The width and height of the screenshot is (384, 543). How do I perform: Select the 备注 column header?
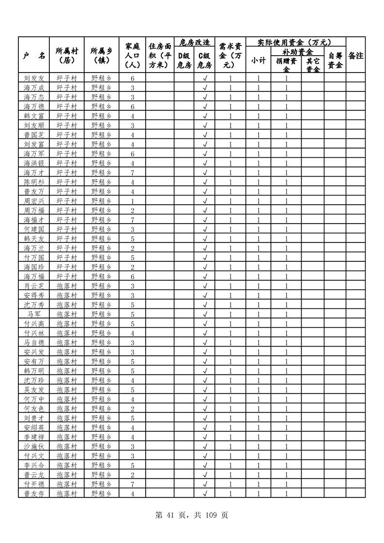pyautogui.click(x=355, y=56)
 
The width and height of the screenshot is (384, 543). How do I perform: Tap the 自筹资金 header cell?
pyautogui.click(x=335, y=60)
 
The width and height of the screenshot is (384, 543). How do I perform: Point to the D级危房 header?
pyautogui.click(x=184, y=60)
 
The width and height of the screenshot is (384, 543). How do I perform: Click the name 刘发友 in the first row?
pyautogui.click(x=34, y=78)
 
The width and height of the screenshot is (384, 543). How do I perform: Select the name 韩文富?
pyautogui.click(x=34, y=116)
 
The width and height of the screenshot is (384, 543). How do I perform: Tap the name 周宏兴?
pyautogui.click(x=34, y=201)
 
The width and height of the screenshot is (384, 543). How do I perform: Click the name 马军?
pyautogui.click(x=34, y=314)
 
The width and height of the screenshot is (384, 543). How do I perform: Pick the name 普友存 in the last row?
pyautogui.click(x=34, y=494)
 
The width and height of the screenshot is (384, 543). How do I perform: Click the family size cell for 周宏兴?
pyautogui.click(x=132, y=201)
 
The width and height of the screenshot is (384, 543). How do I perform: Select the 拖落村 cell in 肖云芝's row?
pyautogui.click(x=67, y=286)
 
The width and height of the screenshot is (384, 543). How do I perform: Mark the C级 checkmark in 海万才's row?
pyautogui.click(x=205, y=173)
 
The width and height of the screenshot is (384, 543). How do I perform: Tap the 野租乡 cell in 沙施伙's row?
pyautogui.click(x=101, y=446)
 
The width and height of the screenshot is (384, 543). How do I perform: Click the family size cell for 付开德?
pyautogui.click(x=132, y=484)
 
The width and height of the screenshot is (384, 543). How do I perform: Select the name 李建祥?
pyautogui.click(x=34, y=437)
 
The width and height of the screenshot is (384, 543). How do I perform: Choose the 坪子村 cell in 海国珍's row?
pyautogui.click(x=67, y=267)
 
